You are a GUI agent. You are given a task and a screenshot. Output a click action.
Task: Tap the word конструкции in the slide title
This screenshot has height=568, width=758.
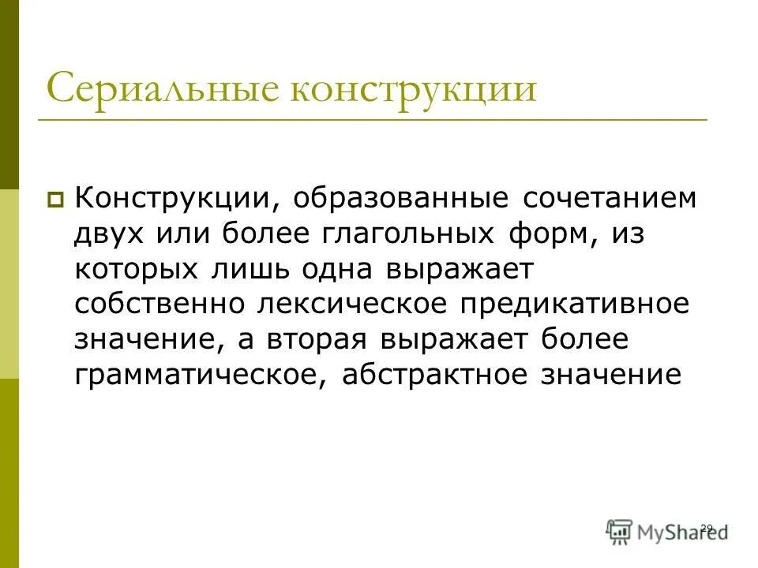pyautogui.click(x=414, y=88)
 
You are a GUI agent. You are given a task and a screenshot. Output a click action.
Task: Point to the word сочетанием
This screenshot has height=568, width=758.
pyautogui.click(x=610, y=197)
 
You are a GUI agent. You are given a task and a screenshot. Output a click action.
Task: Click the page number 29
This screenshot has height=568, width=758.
pyautogui.click(x=707, y=527)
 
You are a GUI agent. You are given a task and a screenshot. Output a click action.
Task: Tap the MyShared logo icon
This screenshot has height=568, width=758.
pyautogui.click(x=620, y=531)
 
